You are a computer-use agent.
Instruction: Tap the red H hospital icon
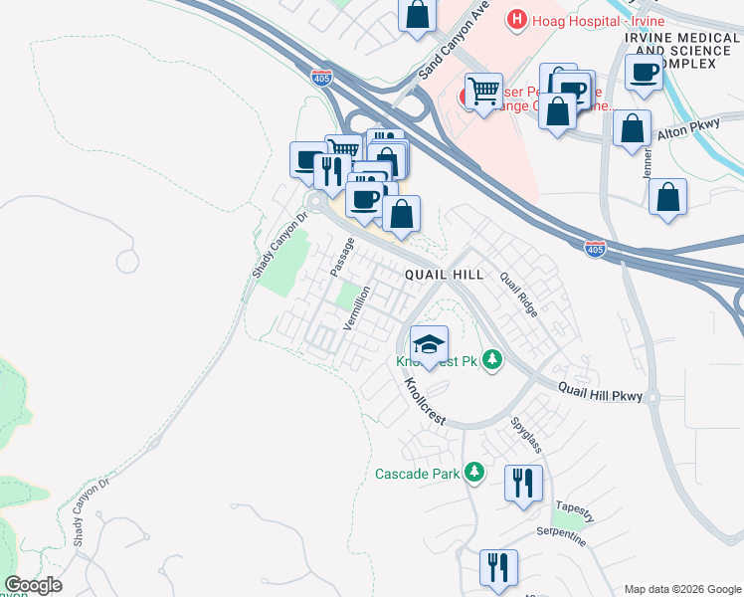pyautogui.click(x=516, y=18)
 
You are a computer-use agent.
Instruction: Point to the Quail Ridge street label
pyautogui.click(x=519, y=296)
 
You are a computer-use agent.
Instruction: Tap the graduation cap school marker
pyautogui.click(x=429, y=345)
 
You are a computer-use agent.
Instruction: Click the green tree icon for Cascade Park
pyautogui.click(x=475, y=473)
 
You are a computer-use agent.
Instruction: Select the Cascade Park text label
pyautogui.click(x=417, y=474)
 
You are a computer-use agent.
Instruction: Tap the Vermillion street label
pyautogui.click(x=357, y=307)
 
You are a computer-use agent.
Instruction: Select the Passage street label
pyautogui.click(x=342, y=257)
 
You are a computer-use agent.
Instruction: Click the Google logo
pyautogui.click(x=33, y=585)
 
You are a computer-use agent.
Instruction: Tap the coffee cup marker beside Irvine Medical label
pyautogui.click(x=645, y=72)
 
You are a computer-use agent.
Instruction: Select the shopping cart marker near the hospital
pyautogui.click(x=484, y=93)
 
